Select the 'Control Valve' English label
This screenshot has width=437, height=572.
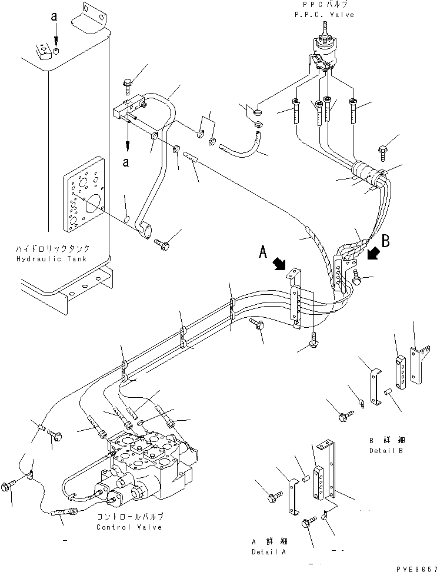tap(129, 527)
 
